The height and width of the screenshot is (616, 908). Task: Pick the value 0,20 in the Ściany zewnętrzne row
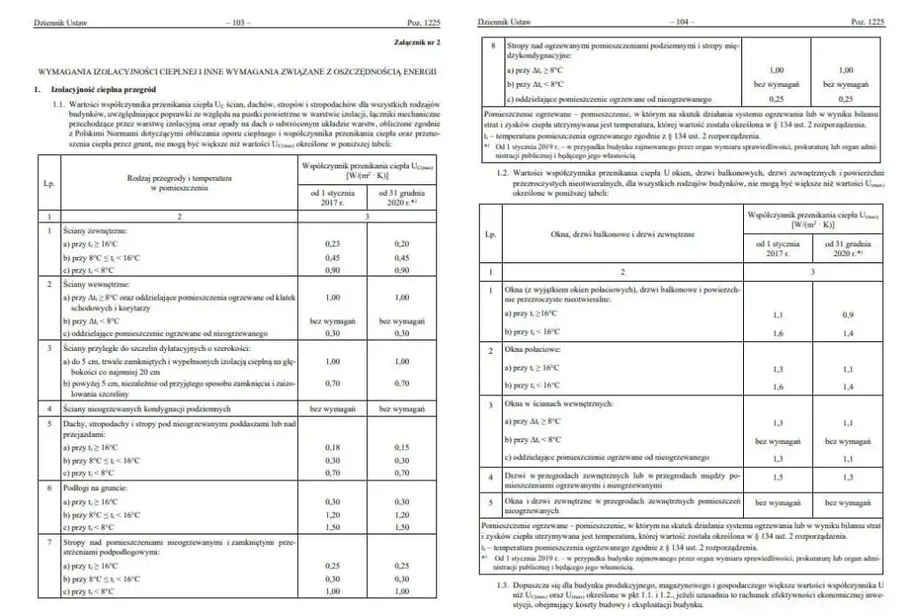[403, 243]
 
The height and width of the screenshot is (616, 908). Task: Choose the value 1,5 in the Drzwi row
[778, 477]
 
